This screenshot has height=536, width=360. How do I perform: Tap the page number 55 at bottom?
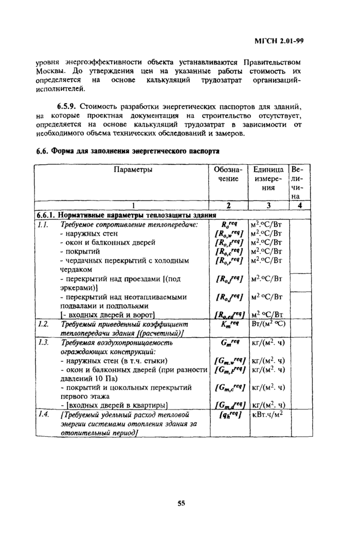pyautogui.click(x=181, y=503)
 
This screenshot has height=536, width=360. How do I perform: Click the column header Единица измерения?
pyautogui.click(x=268, y=179)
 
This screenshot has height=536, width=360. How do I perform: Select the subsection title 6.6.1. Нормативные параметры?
pyautogui.click(x=127, y=215)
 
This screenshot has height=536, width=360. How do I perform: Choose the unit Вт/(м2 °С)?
pyautogui.click(x=269, y=325)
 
